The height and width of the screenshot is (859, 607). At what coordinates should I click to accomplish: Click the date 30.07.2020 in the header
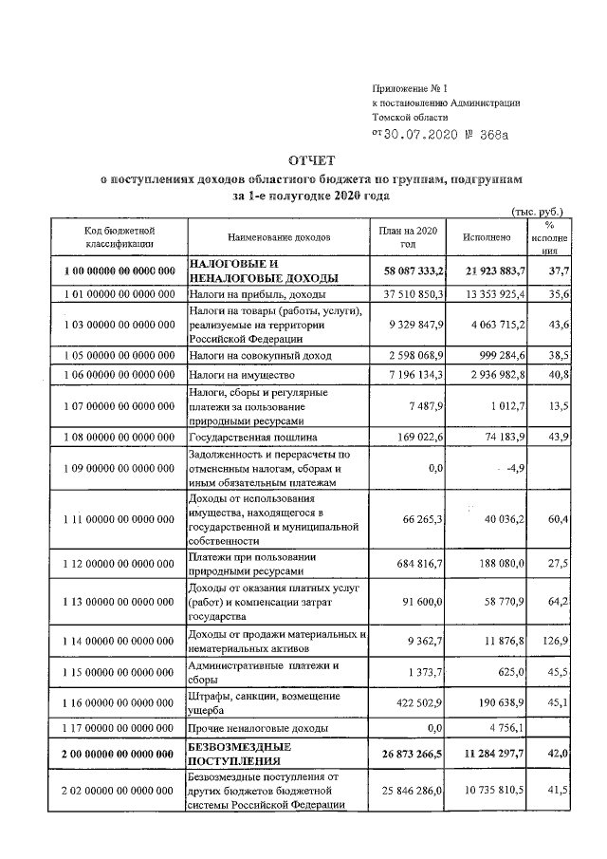point(422,134)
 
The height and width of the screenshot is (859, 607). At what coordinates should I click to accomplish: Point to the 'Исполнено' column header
point(487,236)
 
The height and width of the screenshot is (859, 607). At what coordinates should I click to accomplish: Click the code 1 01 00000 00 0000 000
point(120,296)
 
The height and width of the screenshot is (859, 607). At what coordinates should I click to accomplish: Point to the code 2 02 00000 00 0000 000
point(120,790)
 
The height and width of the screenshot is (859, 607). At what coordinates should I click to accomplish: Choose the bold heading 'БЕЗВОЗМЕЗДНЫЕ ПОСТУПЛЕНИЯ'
point(241,754)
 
